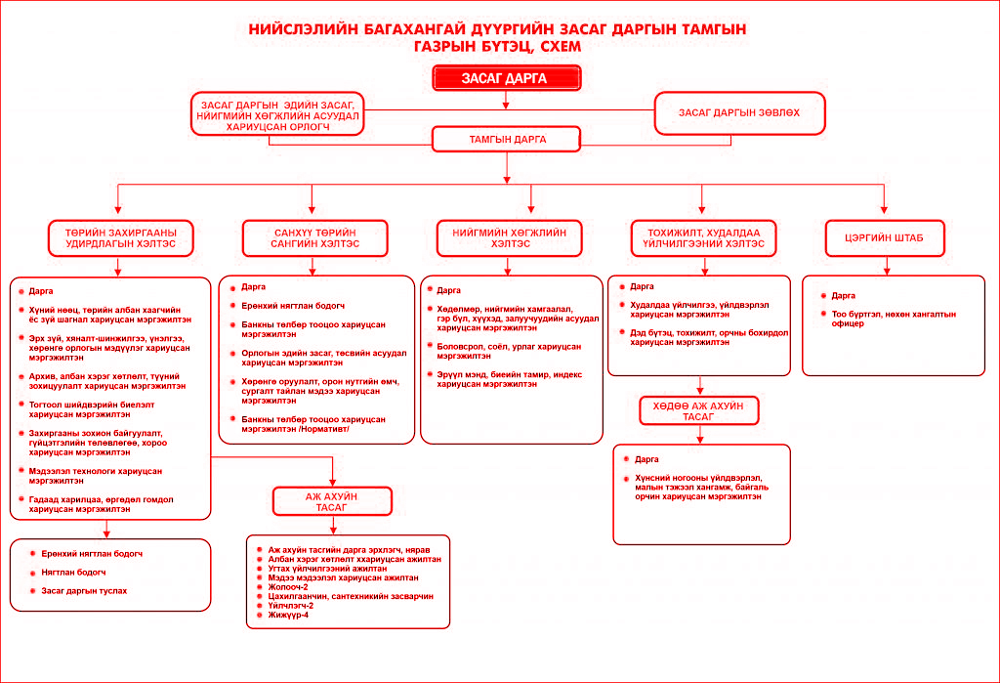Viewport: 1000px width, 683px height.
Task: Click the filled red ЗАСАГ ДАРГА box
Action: point(507,78)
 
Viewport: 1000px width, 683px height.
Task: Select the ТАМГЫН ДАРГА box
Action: point(507,139)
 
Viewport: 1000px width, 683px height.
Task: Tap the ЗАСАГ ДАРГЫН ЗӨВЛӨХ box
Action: point(740,113)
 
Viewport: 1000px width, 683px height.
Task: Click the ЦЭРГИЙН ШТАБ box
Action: point(885,238)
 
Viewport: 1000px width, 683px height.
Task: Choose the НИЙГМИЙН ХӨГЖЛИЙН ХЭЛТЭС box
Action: point(510,238)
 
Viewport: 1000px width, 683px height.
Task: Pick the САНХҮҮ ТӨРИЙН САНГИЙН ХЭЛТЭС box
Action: point(315,238)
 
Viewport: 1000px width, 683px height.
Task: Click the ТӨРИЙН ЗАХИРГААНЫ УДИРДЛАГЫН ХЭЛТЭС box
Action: point(120,238)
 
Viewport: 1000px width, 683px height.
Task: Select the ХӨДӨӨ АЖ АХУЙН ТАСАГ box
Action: point(699,411)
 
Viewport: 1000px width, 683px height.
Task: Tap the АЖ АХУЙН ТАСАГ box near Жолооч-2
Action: point(332,501)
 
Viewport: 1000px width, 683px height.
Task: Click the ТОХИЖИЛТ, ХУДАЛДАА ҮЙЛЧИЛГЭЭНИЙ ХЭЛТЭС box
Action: point(703,238)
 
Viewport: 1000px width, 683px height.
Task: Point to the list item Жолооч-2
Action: point(288,587)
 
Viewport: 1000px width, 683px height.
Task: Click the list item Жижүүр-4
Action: point(288,616)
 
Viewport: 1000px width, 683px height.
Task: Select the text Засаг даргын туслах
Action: point(84,591)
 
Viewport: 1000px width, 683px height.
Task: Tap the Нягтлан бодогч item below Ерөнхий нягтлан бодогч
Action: point(73,573)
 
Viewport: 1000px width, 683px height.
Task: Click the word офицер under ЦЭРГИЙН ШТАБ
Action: point(848,323)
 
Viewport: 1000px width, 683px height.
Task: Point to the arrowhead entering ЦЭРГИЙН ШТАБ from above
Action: point(884,209)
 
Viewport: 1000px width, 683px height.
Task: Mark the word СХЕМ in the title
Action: point(561,47)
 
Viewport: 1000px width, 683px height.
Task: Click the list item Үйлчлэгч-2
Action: point(291,606)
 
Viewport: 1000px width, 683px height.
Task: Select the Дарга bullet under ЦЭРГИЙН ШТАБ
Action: point(843,295)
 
